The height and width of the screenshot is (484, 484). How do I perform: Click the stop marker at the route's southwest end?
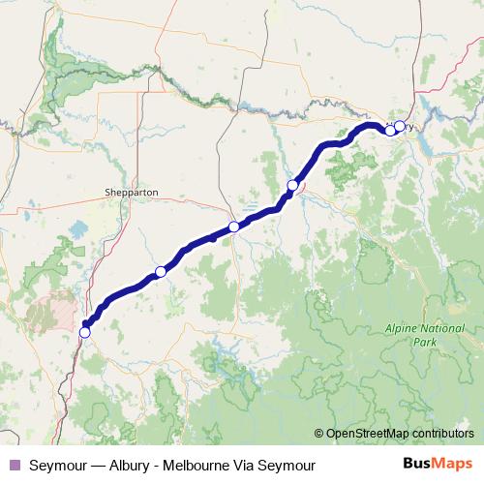pyautogui.click(x=85, y=332)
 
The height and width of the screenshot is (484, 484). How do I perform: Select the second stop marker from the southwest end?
pyautogui.click(x=161, y=272)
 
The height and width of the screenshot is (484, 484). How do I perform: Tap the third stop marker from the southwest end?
pyautogui.click(x=233, y=227)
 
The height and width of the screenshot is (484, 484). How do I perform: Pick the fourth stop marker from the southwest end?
pyautogui.click(x=292, y=185)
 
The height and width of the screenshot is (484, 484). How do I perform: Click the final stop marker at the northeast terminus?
pyautogui.click(x=400, y=126)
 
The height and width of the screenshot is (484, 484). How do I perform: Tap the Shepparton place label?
pyautogui.click(x=131, y=193)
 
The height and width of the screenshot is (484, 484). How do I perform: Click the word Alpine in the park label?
pyautogui.click(x=404, y=329)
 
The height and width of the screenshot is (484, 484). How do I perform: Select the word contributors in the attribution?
pyautogui.click(x=441, y=434)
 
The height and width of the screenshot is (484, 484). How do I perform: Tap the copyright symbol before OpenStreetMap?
pyautogui.click(x=319, y=434)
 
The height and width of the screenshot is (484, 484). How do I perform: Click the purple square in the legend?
pyautogui.click(x=14, y=464)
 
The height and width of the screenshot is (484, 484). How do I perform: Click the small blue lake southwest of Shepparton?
pyautogui.click(x=77, y=230)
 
